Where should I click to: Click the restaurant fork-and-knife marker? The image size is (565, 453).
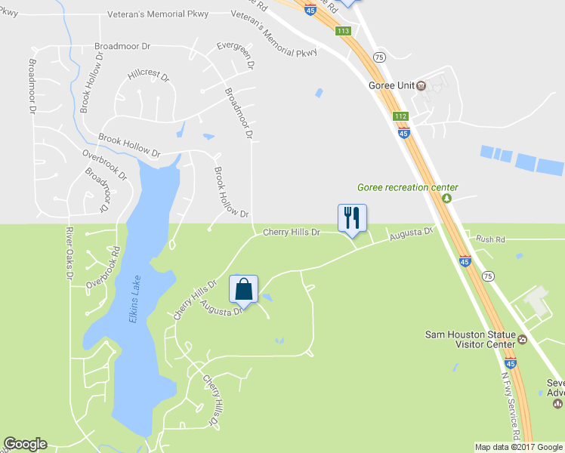pyautogui.click(x=351, y=217)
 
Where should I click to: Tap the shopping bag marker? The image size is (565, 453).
pyautogui.click(x=243, y=288)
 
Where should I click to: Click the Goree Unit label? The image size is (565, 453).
pyautogui.click(x=391, y=85)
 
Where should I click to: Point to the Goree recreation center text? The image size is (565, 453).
pyautogui.click(x=408, y=187)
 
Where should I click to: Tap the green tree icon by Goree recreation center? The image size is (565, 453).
pyautogui.click(x=446, y=199)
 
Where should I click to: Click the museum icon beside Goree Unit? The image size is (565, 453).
pyautogui.click(x=421, y=85)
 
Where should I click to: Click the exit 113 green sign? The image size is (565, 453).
pyautogui.click(x=343, y=31)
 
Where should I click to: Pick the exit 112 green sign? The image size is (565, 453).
pyautogui.click(x=400, y=116)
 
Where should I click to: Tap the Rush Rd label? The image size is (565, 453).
pyautogui.click(x=489, y=239)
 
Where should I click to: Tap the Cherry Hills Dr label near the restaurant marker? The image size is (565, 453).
pyautogui.click(x=292, y=233)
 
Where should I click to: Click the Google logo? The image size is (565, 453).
pyautogui.click(x=25, y=445)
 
